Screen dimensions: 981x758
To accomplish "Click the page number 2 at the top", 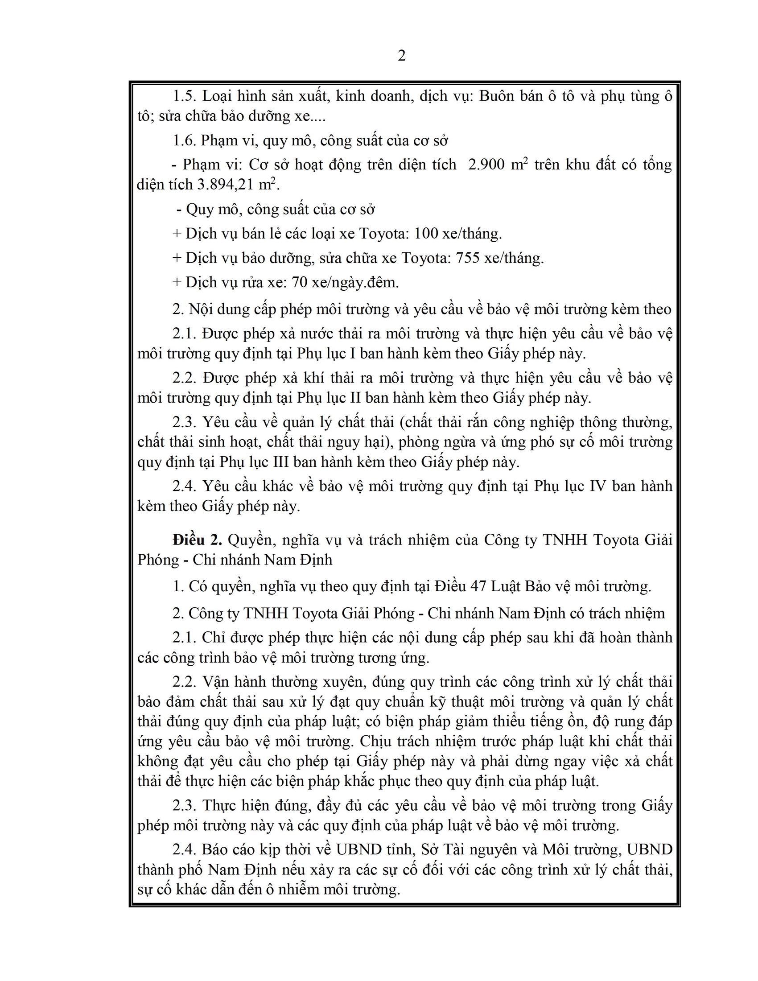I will click(401, 56).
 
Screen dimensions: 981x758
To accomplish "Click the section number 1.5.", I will click(185, 96).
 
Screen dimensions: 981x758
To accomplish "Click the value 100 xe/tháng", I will click(457, 234).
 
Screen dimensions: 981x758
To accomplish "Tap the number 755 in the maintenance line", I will click(467, 258).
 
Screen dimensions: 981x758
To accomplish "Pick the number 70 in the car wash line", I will click(300, 282).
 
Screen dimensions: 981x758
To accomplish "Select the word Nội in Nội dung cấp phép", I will click(201, 309).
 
